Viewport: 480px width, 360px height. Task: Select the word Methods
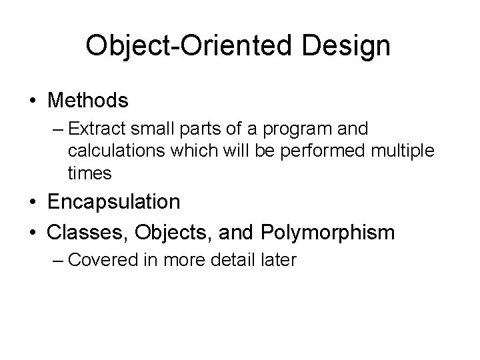87,101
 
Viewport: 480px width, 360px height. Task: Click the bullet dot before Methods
33,101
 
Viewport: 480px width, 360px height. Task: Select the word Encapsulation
113,202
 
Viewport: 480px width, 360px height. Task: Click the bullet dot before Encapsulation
33,202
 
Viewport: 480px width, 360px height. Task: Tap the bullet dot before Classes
33,233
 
